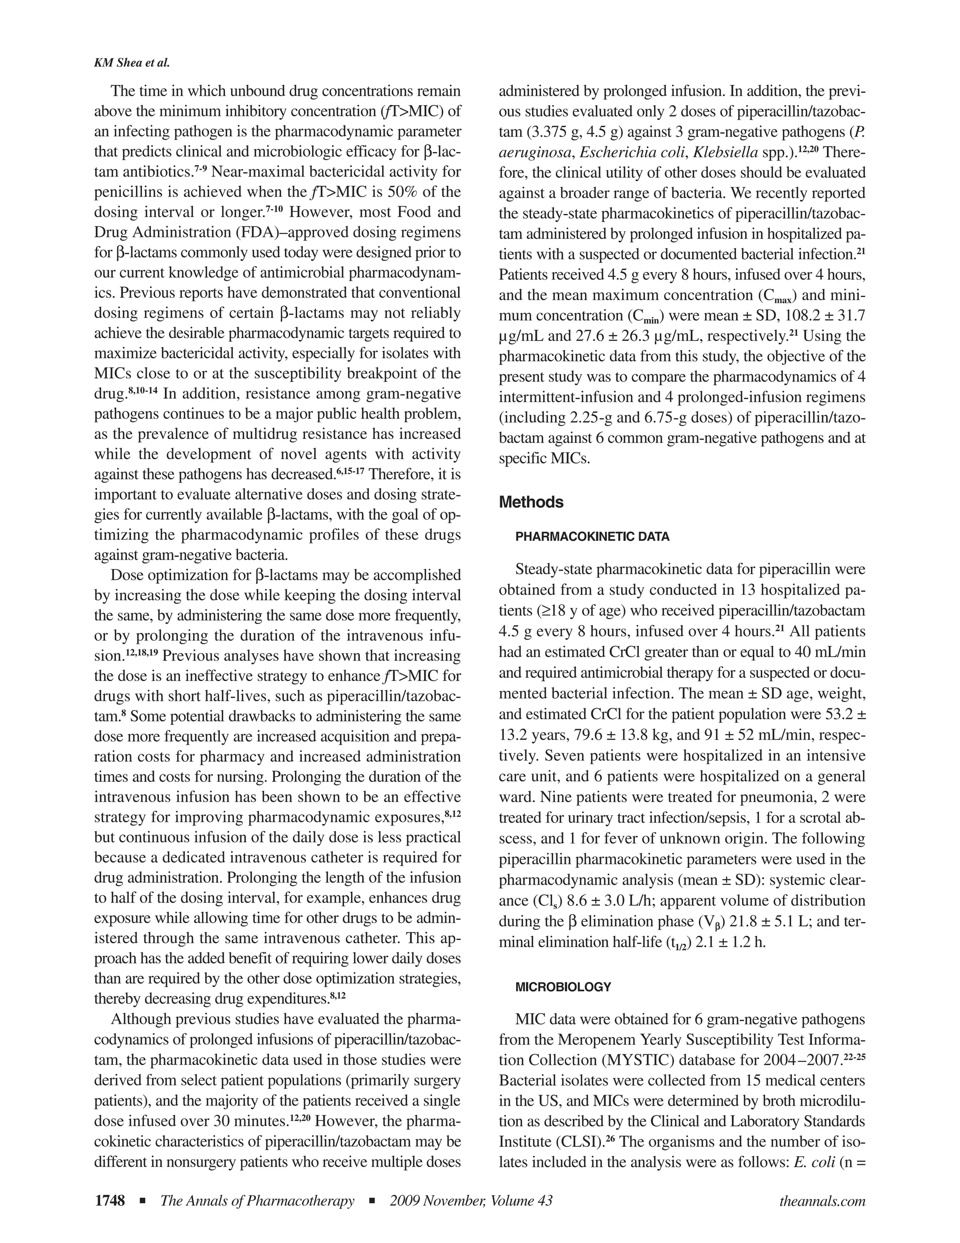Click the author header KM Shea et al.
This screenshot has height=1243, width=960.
click(131, 63)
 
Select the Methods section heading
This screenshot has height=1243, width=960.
click(531, 502)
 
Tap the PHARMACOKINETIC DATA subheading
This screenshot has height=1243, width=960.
click(592, 537)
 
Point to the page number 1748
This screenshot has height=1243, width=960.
click(109, 1201)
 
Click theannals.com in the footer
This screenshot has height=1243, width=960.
click(822, 1201)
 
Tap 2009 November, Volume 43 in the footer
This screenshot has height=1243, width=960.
click(471, 1201)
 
